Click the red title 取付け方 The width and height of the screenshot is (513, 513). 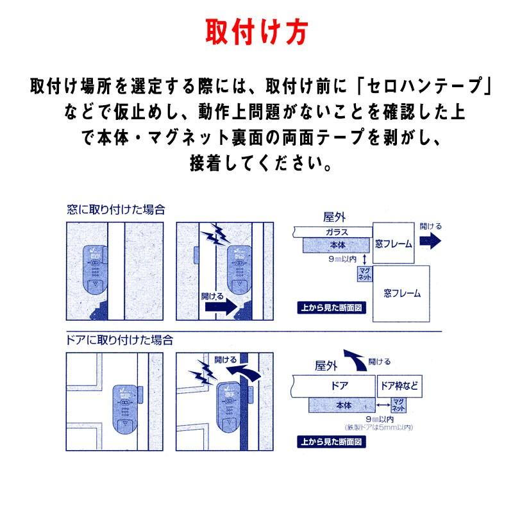[x=256, y=31]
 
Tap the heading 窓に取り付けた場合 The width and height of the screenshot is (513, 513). [x=116, y=209]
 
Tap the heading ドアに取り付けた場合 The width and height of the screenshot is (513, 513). [x=120, y=340]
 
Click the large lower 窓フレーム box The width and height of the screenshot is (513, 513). [x=402, y=294]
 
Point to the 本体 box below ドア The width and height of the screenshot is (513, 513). [x=342, y=405]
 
